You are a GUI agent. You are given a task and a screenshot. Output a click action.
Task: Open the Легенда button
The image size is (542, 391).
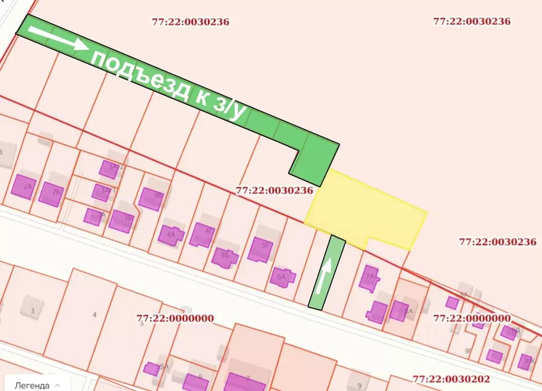pyautogui.click(x=35, y=385)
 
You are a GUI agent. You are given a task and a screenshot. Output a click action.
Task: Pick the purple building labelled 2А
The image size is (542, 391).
pyautogui.click(x=24, y=186)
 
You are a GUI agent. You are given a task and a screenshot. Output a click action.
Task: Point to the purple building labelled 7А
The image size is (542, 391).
pyautogui.click(x=369, y=278)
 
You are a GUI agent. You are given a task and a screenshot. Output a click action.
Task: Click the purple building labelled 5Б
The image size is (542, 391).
pyautogui.click(x=225, y=257)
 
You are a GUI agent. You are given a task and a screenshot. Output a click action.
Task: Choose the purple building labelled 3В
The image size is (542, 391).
pyautogui.click(x=150, y=199)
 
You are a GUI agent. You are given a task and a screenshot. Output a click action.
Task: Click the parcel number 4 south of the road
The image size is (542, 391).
pyautogui.click(x=94, y=315)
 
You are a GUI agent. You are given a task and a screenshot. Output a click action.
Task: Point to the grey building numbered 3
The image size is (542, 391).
pyautogui.click(x=32, y=310)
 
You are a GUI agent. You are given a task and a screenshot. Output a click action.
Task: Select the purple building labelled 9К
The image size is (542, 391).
pyautogui.click(x=527, y=361)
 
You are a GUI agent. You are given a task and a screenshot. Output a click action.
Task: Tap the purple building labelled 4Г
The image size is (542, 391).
pyautogui.click(x=202, y=235)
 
